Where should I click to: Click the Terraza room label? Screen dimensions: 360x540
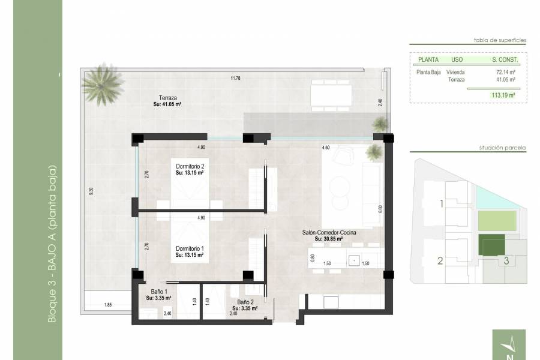pos(167,98)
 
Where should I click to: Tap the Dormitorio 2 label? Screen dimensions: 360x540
pos(190,166)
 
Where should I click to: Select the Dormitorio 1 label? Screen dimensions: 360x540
pos(190,248)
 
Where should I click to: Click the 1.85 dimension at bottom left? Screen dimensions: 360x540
pos(108,305)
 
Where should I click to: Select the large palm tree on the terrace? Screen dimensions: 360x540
pos(104,83)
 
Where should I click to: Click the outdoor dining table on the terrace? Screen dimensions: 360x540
pos(332,94)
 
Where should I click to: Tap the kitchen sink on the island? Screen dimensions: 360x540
pos(355,260)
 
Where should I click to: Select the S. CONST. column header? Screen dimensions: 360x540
pos(505,60)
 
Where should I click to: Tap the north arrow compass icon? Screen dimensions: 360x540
pos(511,345)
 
